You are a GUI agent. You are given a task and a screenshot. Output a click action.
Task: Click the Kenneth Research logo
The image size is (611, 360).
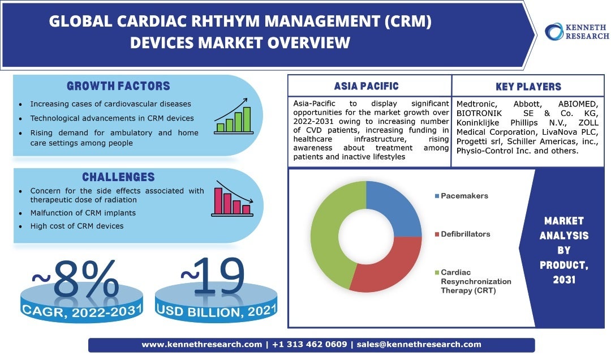tap(576, 32)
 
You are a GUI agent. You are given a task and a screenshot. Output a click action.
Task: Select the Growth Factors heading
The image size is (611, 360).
tap(118, 86)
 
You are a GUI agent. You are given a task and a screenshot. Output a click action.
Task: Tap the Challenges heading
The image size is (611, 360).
tap(118, 177)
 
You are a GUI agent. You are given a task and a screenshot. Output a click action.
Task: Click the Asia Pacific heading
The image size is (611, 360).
tap(366, 86)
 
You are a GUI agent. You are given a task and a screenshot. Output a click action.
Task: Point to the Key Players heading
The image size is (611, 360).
tap(528, 87)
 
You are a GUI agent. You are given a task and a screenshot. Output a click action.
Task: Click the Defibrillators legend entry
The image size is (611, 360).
tap(466, 234)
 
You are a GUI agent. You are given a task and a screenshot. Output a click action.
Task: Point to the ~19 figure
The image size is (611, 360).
tap(213, 276)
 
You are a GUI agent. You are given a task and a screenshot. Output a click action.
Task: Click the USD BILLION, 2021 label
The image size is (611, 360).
tap(217, 310)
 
